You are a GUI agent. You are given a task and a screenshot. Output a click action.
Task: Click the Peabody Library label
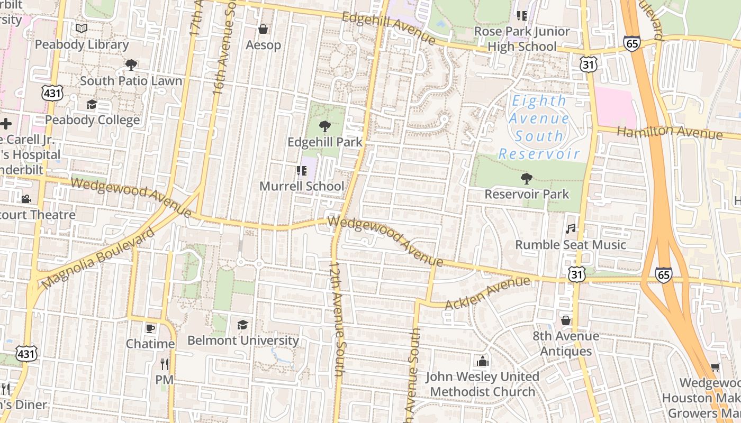(x=82, y=45)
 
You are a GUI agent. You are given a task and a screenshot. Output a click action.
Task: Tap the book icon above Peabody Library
(x=81, y=28)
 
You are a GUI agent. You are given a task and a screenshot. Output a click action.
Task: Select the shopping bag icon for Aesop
(x=263, y=29)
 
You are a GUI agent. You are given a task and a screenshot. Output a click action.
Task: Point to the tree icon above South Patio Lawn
(x=131, y=65)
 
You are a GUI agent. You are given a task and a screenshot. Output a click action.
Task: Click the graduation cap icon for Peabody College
(x=92, y=104)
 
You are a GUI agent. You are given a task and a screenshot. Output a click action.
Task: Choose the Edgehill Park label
(x=325, y=142)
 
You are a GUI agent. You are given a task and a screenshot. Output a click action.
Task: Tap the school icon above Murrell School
(x=301, y=170)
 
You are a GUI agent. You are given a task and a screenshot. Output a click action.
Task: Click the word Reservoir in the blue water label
(x=539, y=154)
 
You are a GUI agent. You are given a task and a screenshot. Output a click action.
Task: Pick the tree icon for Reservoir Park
(x=526, y=179)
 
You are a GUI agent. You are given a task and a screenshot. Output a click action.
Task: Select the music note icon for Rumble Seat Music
(x=570, y=228)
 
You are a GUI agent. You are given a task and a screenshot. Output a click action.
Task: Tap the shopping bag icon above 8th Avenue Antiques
(x=566, y=320)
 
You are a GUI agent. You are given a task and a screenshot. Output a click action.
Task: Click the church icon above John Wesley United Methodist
(x=482, y=361)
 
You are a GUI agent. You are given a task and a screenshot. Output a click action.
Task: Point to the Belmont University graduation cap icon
(x=242, y=325)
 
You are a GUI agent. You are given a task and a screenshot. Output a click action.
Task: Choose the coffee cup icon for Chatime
(x=150, y=328)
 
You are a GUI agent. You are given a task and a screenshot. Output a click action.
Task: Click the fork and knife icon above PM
(x=164, y=364)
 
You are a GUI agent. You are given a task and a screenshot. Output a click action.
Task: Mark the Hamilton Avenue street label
(x=670, y=132)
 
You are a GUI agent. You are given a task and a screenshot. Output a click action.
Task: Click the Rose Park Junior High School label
(x=521, y=39)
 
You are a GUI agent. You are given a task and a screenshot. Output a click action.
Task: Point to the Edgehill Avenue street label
(x=389, y=29)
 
